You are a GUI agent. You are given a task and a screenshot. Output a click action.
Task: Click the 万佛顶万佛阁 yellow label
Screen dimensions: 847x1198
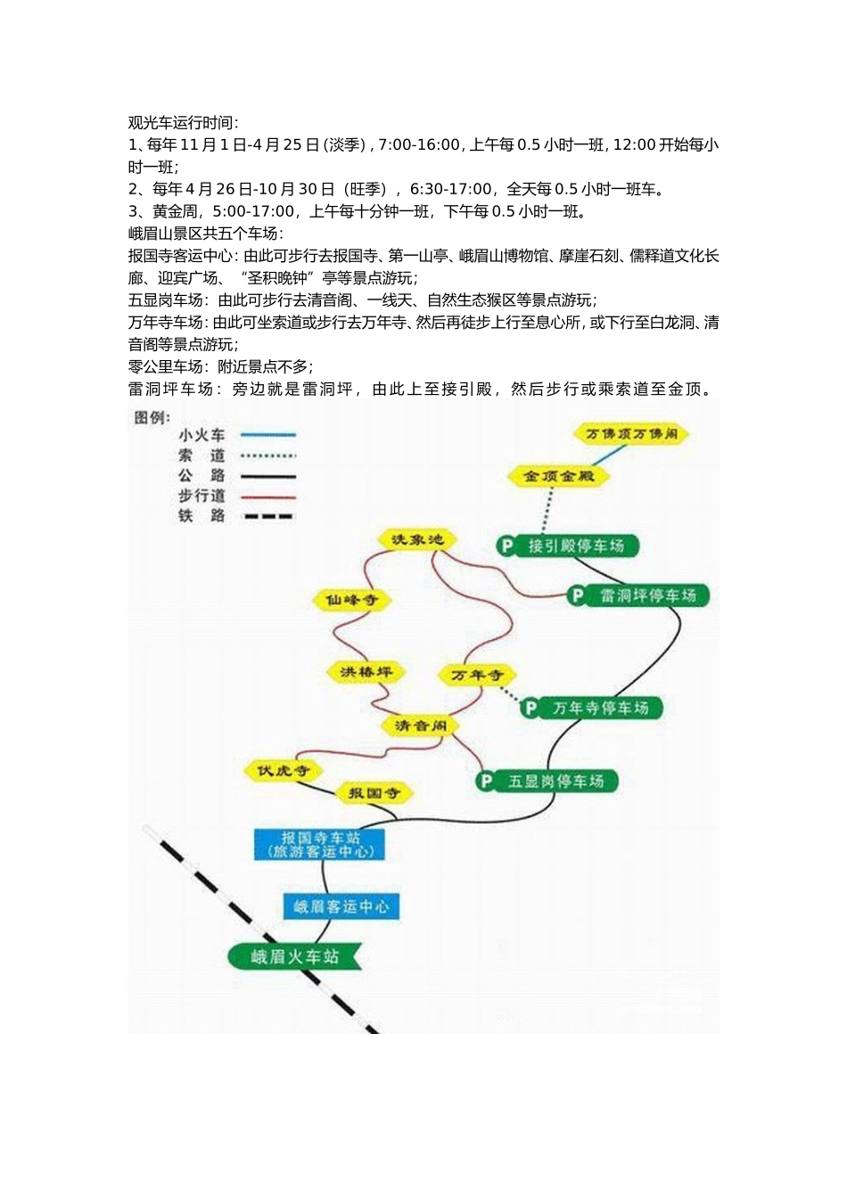tap(631, 434)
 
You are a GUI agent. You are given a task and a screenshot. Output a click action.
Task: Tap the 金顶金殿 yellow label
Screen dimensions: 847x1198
tap(558, 476)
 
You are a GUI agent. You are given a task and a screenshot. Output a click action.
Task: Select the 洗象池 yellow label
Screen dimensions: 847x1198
tap(417, 539)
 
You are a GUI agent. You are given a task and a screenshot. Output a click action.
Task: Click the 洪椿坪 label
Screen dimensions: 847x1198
tap(366, 671)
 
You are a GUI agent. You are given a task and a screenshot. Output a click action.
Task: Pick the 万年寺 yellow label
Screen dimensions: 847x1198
tap(476, 675)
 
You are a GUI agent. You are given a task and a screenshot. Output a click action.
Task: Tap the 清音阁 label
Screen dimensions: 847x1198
tap(421, 726)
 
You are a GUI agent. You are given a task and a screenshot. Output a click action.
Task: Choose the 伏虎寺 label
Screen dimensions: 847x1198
tap(283, 770)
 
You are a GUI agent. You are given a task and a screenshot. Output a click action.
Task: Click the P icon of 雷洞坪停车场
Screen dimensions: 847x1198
tap(578, 595)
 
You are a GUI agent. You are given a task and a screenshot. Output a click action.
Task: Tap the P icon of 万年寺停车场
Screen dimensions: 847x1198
tap(530, 708)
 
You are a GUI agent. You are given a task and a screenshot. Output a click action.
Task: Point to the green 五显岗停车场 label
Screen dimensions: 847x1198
tap(547, 781)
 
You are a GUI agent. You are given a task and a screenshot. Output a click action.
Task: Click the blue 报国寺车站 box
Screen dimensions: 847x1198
tap(320, 844)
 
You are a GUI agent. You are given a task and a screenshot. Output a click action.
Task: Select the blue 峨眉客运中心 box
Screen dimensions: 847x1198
tap(341, 907)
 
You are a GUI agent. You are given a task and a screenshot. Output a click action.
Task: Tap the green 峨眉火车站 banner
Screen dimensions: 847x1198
tap(294, 956)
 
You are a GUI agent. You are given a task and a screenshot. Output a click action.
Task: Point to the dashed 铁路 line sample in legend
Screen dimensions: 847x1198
tap(268, 516)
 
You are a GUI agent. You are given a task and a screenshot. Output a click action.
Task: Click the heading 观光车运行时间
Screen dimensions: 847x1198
tap(183, 122)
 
